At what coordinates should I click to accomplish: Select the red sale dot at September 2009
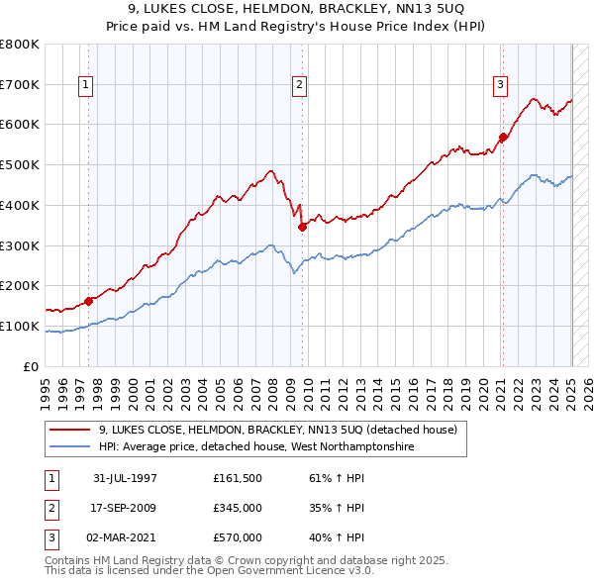point(302,227)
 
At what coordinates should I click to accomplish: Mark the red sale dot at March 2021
point(503,138)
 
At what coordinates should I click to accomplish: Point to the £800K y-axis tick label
point(20,45)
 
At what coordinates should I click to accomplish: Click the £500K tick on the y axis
point(20,165)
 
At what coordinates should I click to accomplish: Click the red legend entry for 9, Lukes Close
point(277,430)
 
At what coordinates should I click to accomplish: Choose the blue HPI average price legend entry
point(255,447)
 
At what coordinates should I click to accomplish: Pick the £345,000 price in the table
point(238,508)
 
